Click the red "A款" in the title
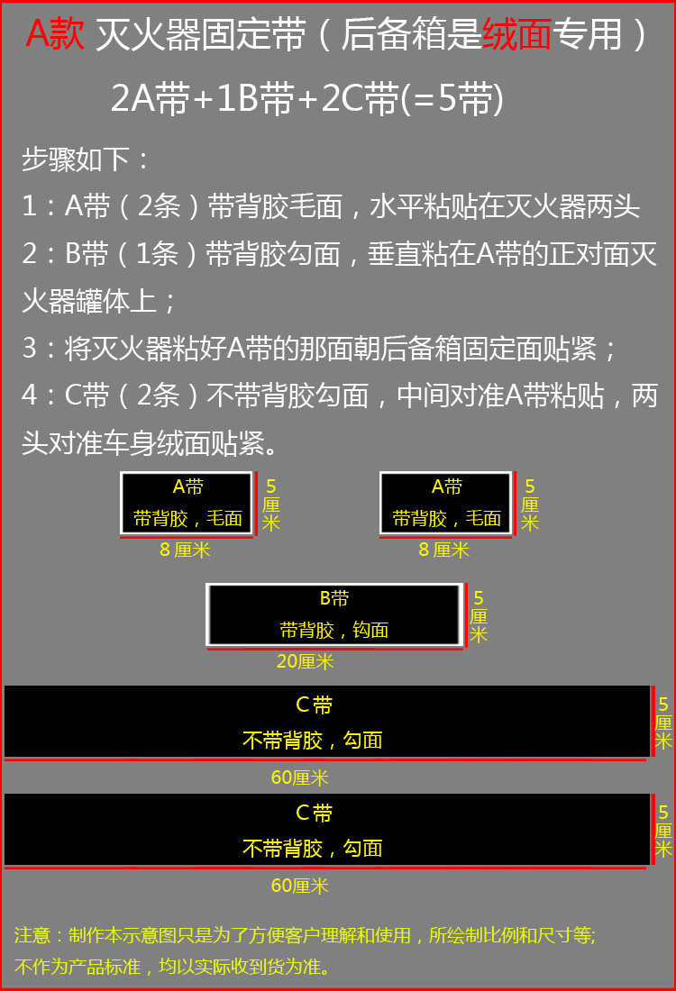[x=55, y=35]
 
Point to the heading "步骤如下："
[x=87, y=160]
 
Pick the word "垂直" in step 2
[x=411, y=255]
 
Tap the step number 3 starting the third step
[x=30, y=349]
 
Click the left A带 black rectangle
[x=187, y=503]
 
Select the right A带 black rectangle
[x=445, y=503]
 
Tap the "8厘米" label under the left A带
[x=185, y=550]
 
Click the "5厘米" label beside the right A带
[x=530, y=505]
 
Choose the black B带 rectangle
[x=334, y=614]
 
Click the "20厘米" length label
[x=305, y=661]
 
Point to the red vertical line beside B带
[x=466, y=614]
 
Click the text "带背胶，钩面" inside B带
[x=334, y=630]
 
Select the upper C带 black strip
[x=326, y=721]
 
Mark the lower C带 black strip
[x=326, y=829]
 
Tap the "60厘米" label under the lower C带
[x=300, y=886]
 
